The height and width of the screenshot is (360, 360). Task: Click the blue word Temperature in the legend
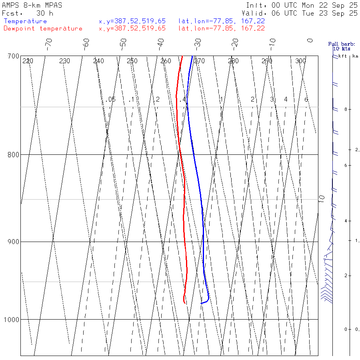pos(25,21)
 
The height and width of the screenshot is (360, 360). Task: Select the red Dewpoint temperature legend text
pos(43,28)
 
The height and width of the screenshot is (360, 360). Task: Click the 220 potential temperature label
pos(28,61)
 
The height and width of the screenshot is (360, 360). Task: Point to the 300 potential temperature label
pos(300,61)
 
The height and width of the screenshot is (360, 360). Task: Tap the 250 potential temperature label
pos(132,61)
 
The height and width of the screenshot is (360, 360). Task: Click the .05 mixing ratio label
pos(111,99)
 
